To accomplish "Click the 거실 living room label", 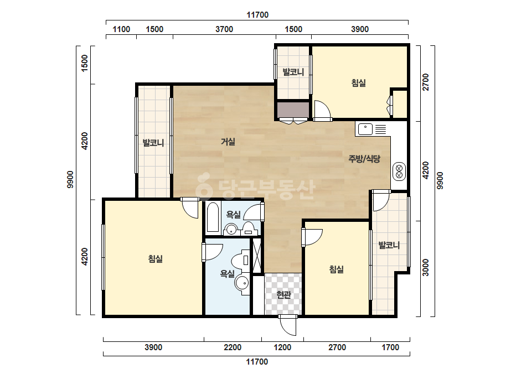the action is coord(228,142).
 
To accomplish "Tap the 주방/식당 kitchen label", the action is coord(364,159).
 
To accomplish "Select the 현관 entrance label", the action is coord(283,295).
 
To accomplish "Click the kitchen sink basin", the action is coord(365,129).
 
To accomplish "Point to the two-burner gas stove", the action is coord(399,171).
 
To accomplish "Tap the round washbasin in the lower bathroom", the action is coord(241,283).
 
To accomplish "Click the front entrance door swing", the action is coord(288,325).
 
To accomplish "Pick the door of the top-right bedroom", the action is coord(322,111).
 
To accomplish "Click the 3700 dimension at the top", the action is coord(224,29).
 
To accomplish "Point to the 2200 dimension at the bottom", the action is coord(233,347).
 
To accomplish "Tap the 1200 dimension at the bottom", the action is coord(282,347).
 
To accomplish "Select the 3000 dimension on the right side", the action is coord(426,267).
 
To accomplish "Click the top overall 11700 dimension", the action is coord(257,15).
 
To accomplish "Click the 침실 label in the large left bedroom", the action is coord(156,259).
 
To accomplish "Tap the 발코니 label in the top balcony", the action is coord(293,72).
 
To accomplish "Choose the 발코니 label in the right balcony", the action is coord(389,245).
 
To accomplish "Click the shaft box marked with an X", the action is coord(257,256).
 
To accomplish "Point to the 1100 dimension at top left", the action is coord(122,29).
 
